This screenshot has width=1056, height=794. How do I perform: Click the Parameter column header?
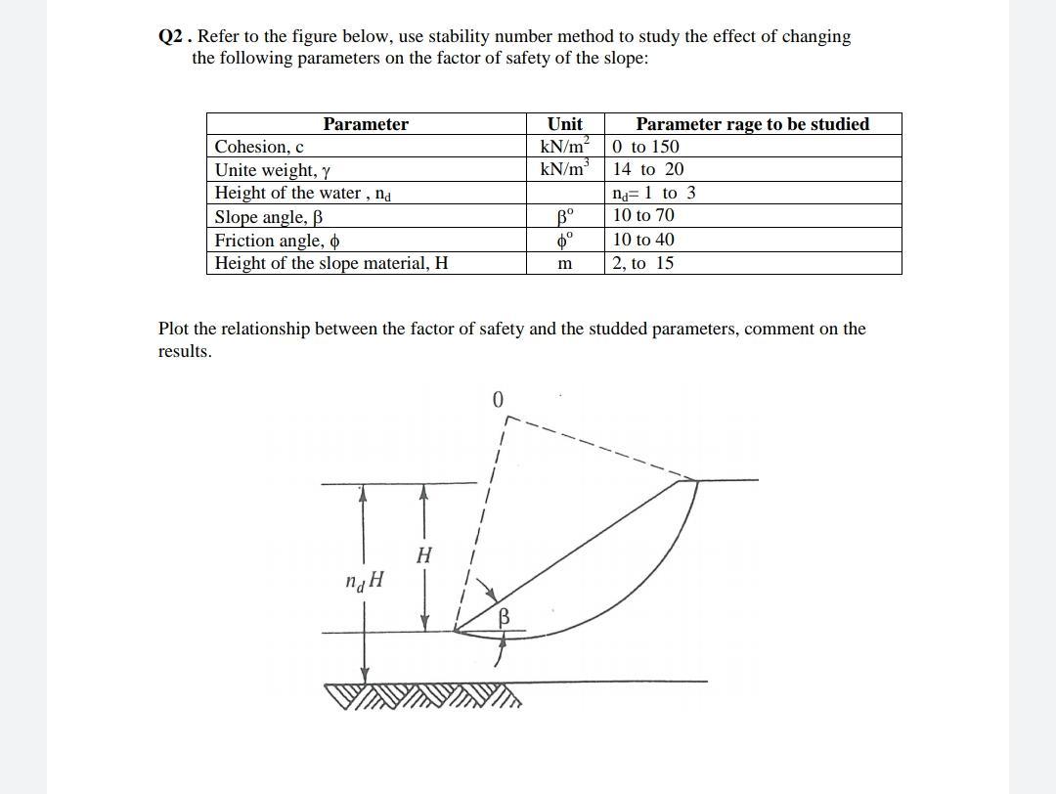click(366, 124)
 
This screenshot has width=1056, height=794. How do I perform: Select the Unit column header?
click(565, 124)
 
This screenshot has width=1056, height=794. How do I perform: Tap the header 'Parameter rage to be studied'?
click(752, 124)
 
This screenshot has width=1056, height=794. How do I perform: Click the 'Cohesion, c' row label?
click(259, 147)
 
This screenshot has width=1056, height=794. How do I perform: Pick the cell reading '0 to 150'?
click(645, 147)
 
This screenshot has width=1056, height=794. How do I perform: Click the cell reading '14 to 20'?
click(648, 169)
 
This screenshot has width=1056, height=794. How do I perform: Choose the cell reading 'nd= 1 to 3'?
click(654, 193)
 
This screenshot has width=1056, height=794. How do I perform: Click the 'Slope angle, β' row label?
click(269, 216)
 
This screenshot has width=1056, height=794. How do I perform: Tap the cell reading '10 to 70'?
click(643, 215)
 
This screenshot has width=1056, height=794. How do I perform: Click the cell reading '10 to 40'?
click(643, 240)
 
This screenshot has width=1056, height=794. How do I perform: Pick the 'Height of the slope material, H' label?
click(331, 263)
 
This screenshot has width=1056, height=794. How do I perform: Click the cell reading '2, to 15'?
click(643, 263)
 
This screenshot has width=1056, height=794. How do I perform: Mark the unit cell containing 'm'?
click(564, 264)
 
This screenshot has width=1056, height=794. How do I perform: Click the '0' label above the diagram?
click(498, 400)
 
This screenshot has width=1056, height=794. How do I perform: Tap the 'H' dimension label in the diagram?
click(423, 556)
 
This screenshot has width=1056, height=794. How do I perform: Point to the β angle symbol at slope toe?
click(505, 617)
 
